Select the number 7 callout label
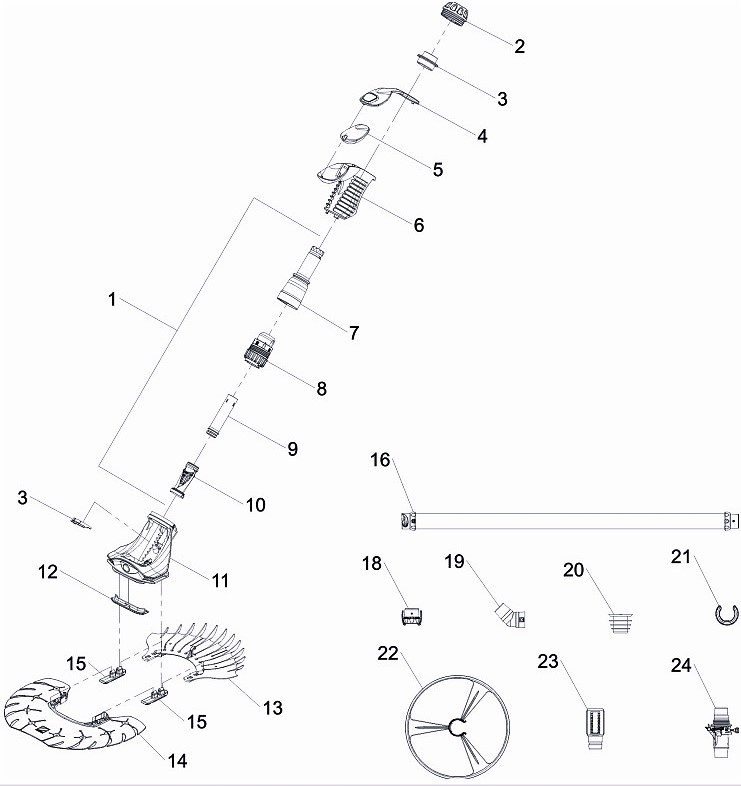(353, 333)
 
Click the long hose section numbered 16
(570, 520)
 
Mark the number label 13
(272, 708)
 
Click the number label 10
(255, 506)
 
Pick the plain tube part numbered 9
(222, 415)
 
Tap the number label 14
(177, 761)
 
